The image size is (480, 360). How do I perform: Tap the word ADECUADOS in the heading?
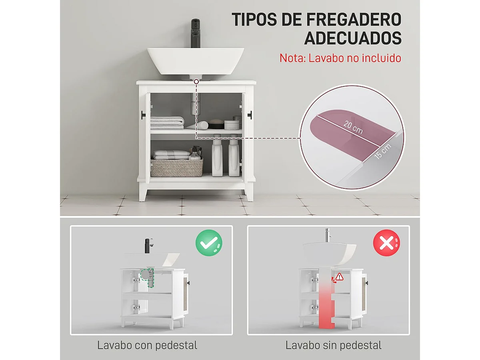coord(353,38)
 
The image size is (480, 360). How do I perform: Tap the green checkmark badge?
coord(209,243)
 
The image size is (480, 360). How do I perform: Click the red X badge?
coord(386,243)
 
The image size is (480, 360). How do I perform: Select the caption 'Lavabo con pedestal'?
coord(147,345)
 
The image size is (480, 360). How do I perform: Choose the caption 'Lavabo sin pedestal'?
coord(334,345)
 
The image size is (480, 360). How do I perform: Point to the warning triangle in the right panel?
coord(340,276)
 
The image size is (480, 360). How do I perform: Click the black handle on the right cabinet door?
coord(250,114)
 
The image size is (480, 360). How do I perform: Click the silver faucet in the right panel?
coord(327,236)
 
